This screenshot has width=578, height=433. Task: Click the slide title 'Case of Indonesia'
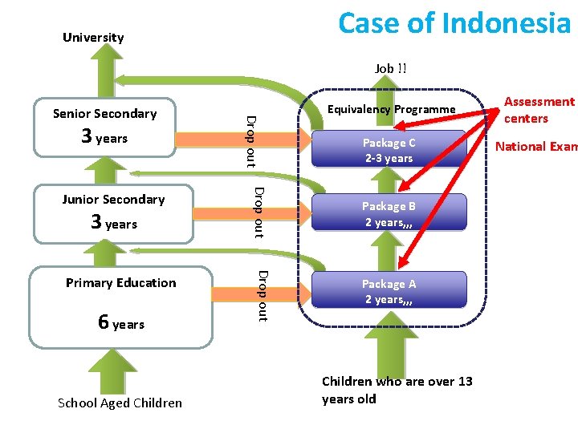click(x=454, y=22)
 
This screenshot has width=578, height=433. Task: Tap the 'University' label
click(x=93, y=38)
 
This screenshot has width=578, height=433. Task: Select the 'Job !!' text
click(x=390, y=68)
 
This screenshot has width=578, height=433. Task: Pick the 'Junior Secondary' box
click(x=113, y=212)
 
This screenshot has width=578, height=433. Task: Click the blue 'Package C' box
click(x=389, y=150)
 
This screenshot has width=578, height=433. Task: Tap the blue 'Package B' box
click(x=389, y=214)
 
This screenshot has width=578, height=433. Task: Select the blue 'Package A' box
click(x=389, y=291)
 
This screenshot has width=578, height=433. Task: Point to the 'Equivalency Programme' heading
click(x=393, y=109)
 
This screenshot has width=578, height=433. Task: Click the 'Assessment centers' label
click(x=539, y=110)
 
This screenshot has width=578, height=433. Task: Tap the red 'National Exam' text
click(x=536, y=146)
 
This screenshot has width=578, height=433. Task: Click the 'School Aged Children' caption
click(x=120, y=403)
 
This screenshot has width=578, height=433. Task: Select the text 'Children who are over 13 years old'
click(x=397, y=390)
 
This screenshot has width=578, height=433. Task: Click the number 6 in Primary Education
click(x=104, y=322)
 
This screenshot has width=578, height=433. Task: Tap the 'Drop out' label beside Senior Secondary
click(x=250, y=141)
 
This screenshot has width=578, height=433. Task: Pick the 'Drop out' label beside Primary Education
click(x=262, y=296)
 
